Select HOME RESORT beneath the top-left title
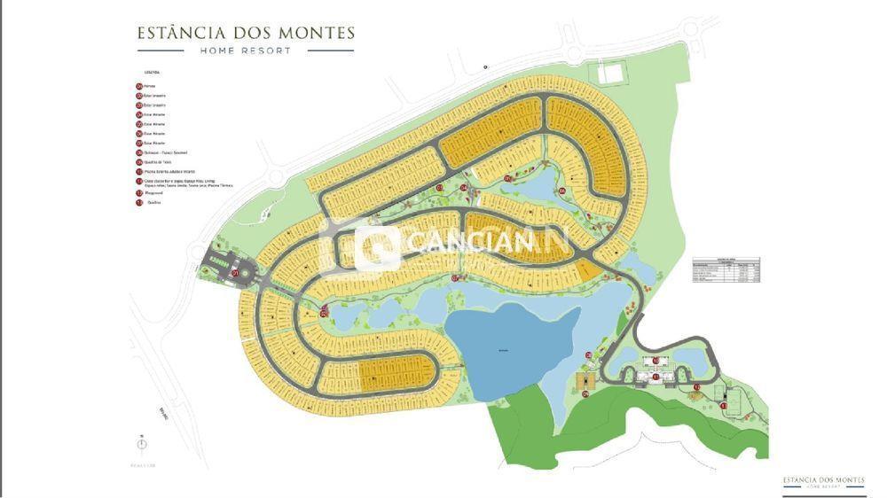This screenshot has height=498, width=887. (246, 51)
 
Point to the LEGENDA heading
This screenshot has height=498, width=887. (150, 73)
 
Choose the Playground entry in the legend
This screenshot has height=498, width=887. (156, 192)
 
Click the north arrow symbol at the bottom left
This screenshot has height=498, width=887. (142, 444)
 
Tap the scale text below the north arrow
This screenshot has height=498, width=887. (142, 464)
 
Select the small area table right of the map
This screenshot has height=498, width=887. (726, 270)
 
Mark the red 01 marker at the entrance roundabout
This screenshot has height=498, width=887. (234, 274)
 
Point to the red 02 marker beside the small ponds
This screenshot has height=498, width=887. (325, 311)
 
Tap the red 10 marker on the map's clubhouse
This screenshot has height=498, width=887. (656, 361)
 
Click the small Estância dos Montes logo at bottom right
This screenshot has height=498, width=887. (823, 481)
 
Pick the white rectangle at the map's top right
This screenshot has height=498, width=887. (610, 70)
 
